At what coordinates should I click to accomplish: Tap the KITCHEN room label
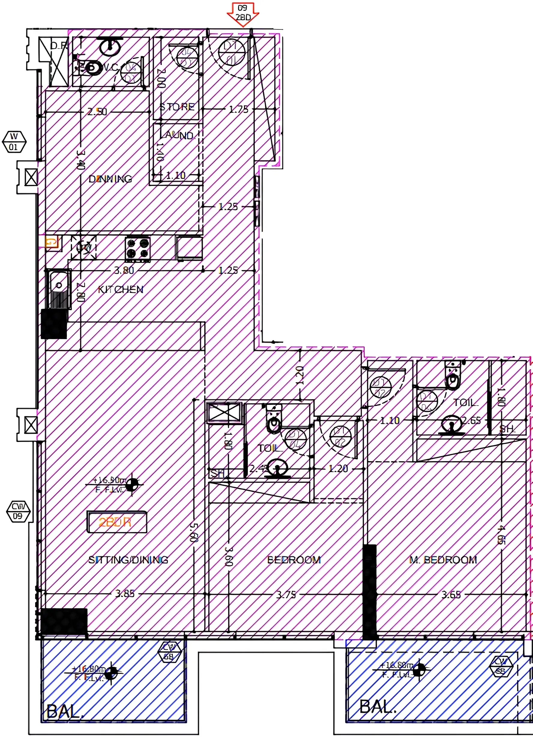120,289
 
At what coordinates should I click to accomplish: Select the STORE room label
177,107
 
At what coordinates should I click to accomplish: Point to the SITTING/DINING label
128,560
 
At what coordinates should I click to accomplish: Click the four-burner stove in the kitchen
138,249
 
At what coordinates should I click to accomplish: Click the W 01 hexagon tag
14,141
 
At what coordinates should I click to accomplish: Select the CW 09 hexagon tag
18,511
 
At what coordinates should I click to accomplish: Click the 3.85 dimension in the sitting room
125,593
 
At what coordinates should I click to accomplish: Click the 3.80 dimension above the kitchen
124,270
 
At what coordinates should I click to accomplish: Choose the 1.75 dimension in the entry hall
239,109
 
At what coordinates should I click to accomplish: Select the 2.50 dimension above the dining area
97,112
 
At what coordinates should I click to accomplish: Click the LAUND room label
179,135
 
